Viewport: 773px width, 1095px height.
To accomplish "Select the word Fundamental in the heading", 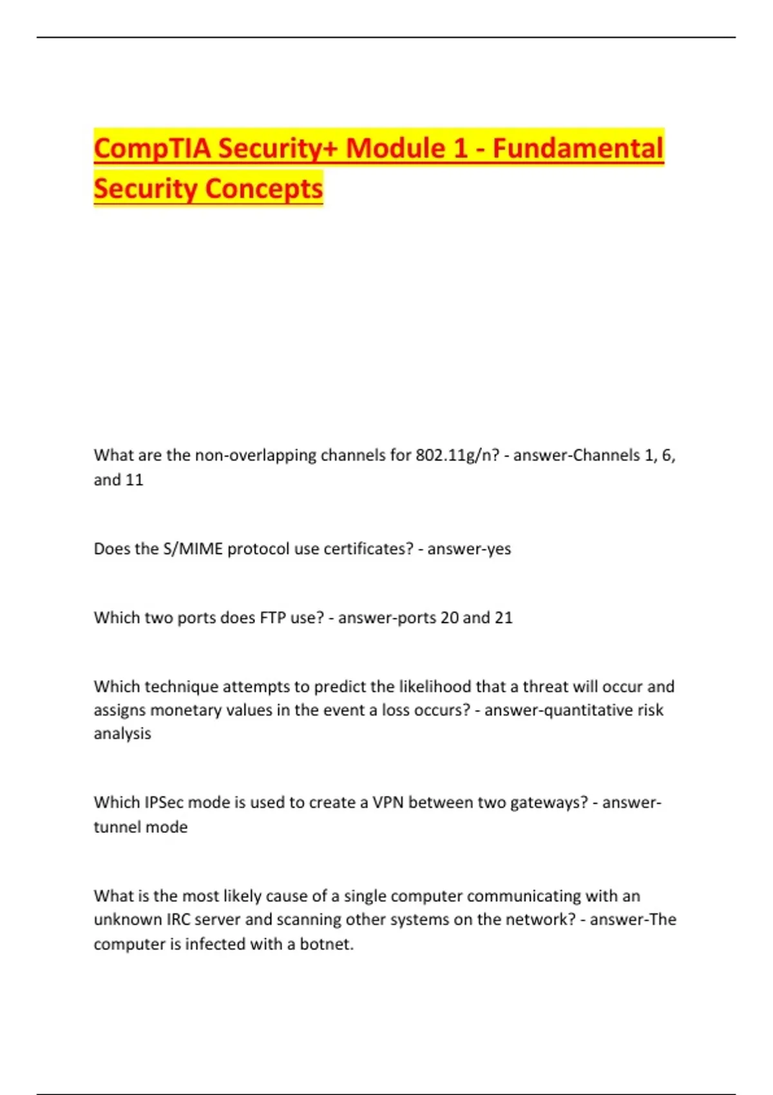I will pyautogui.click(x=578, y=148).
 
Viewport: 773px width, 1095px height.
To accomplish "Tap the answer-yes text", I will pyautogui.click(x=469, y=549).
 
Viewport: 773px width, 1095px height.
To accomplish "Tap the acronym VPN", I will pyautogui.click(x=388, y=803).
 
